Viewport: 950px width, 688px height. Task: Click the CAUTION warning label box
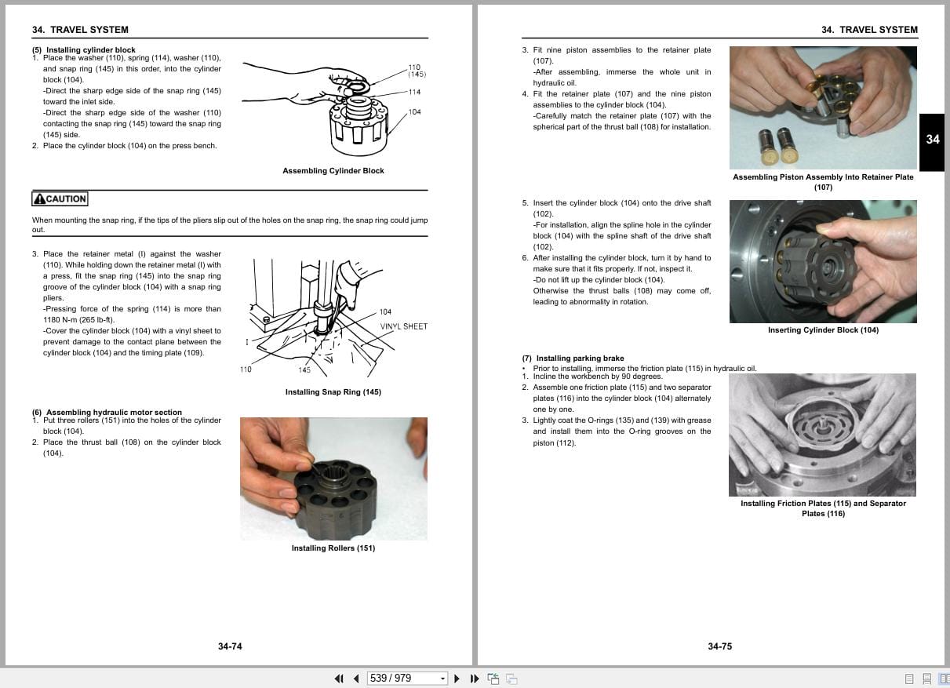(x=60, y=199)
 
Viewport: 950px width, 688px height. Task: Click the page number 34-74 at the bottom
(x=230, y=646)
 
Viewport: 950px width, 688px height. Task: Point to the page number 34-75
(x=719, y=646)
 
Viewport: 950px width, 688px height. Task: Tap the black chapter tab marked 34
(x=932, y=140)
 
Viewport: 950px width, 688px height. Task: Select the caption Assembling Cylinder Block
(x=333, y=171)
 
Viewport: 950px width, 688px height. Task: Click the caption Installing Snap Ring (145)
(x=333, y=392)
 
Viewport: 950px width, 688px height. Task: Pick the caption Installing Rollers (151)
(x=333, y=548)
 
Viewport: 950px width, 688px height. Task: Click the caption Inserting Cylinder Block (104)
(x=823, y=330)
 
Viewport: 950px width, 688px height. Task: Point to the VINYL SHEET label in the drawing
(x=404, y=326)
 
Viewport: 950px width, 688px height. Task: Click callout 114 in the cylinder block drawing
(x=414, y=92)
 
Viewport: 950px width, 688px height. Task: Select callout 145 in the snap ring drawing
(x=304, y=370)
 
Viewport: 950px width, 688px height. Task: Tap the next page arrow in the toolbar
(x=457, y=678)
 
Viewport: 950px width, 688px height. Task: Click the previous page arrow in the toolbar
(x=356, y=678)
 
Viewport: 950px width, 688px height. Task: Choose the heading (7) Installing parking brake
(x=573, y=359)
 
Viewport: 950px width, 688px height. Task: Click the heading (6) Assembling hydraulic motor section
(x=107, y=412)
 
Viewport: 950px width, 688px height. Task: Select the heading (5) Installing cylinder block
(x=84, y=50)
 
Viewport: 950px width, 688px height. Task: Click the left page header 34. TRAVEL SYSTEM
(x=80, y=30)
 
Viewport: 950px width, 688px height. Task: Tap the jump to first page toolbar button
(x=339, y=678)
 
